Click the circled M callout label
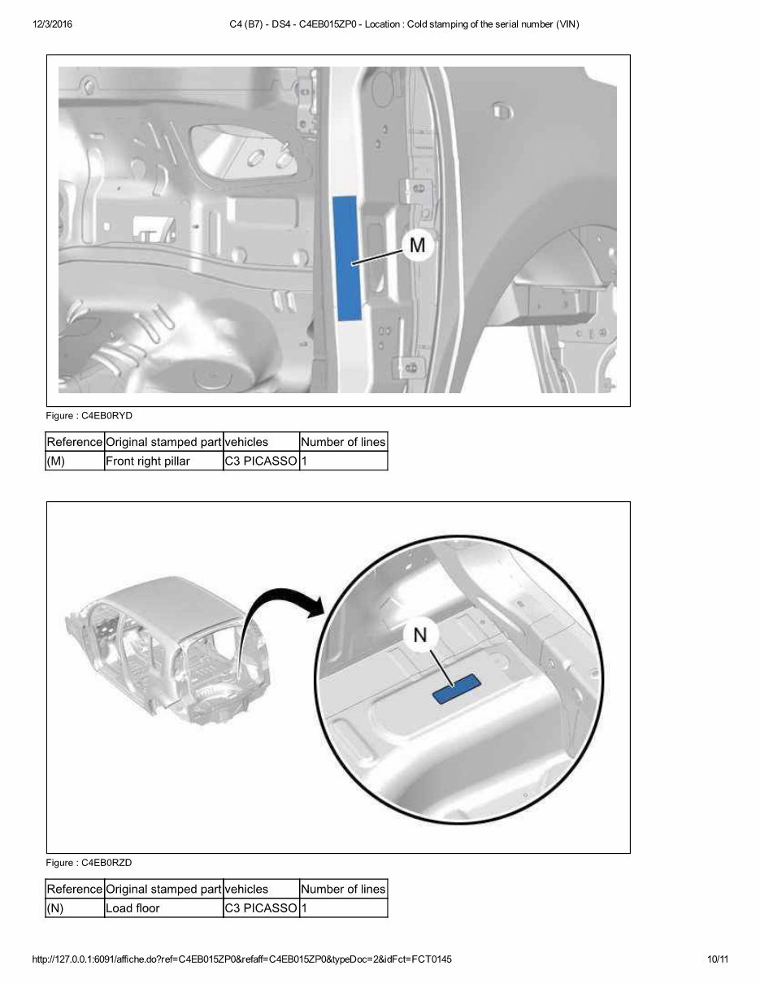tap(417, 245)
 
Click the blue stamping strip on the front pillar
tap(346, 259)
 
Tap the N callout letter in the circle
tap(420, 635)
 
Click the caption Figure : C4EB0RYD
tap(89, 416)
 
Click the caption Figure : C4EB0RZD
tap(89, 863)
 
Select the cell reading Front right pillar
tap(148, 461)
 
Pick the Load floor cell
tap(133, 908)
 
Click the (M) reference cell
tap(56, 461)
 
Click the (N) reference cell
tap(55, 908)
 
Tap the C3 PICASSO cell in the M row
tap(260, 461)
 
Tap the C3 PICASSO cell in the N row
tap(260, 908)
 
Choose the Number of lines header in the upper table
tap(343, 442)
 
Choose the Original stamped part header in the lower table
tap(163, 889)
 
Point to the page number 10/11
tap(718, 959)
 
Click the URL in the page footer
tap(242, 959)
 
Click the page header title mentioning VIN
tap(405, 24)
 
